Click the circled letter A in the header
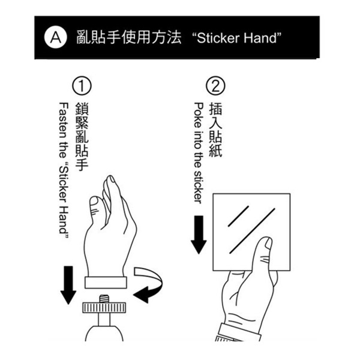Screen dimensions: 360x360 (56, 37)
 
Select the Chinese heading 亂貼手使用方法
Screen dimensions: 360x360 (129, 37)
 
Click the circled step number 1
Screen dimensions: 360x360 (82, 86)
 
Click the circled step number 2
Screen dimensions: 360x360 (215, 86)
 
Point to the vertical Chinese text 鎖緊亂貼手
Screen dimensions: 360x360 (82, 137)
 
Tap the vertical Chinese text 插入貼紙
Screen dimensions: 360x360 (215, 130)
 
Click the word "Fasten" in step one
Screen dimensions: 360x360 (64, 121)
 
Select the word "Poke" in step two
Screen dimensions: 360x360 (199, 115)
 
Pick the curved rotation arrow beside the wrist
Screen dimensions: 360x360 (149, 284)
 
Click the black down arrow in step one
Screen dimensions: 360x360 (68, 285)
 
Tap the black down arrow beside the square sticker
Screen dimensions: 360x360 (199, 235)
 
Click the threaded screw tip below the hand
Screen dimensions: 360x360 (104, 299)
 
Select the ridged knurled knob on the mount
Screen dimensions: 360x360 (104, 308)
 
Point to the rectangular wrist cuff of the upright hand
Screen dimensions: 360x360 (106, 283)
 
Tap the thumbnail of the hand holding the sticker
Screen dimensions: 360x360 (268, 243)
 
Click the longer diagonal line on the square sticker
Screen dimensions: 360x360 (253, 231)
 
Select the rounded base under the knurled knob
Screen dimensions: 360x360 (104, 334)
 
